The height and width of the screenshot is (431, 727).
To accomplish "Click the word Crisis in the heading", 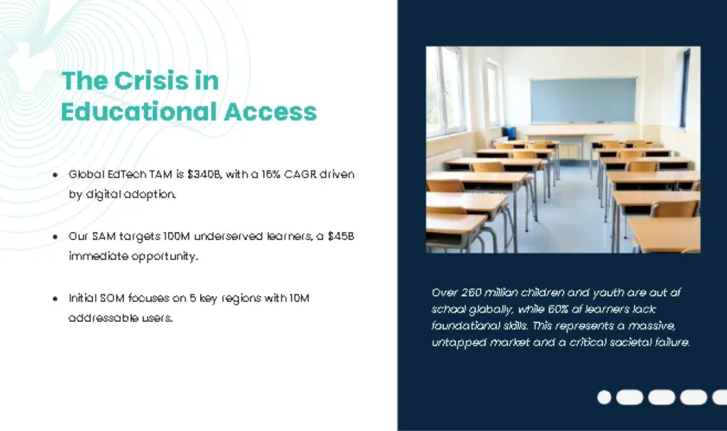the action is pos(151,81).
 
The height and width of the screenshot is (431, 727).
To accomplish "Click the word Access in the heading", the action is pos(270,112).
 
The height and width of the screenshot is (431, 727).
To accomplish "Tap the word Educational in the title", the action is pos(139,111).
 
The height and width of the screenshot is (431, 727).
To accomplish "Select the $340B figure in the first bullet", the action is pos(204,174).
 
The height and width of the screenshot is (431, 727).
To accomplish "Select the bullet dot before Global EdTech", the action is pos(55,175).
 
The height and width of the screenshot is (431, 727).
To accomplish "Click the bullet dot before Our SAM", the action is pos(55,237).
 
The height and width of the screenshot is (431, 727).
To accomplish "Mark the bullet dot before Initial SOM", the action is pos(55,298).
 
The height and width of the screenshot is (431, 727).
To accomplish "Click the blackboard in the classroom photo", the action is pos(583,100).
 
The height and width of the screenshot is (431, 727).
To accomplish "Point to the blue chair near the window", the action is pos(509,133).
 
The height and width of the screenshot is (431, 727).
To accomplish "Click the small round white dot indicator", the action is pos(605,397).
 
